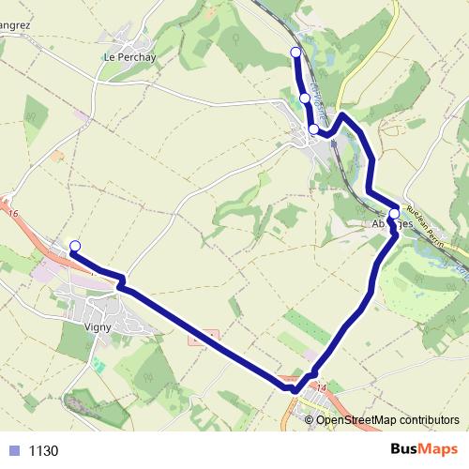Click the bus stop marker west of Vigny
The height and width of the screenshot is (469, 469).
[x=75, y=246]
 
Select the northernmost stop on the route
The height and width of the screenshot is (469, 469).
[x=296, y=52]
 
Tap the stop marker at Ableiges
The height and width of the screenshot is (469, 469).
[x=393, y=213]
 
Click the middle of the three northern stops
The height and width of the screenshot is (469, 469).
[x=305, y=98]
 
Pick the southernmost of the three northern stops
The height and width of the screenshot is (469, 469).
[x=313, y=129]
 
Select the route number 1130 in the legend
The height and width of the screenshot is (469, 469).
[x=43, y=450]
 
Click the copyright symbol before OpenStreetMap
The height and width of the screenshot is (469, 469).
[x=310, y=420]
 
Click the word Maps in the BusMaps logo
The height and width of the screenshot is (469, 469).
[x=439, y=449]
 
